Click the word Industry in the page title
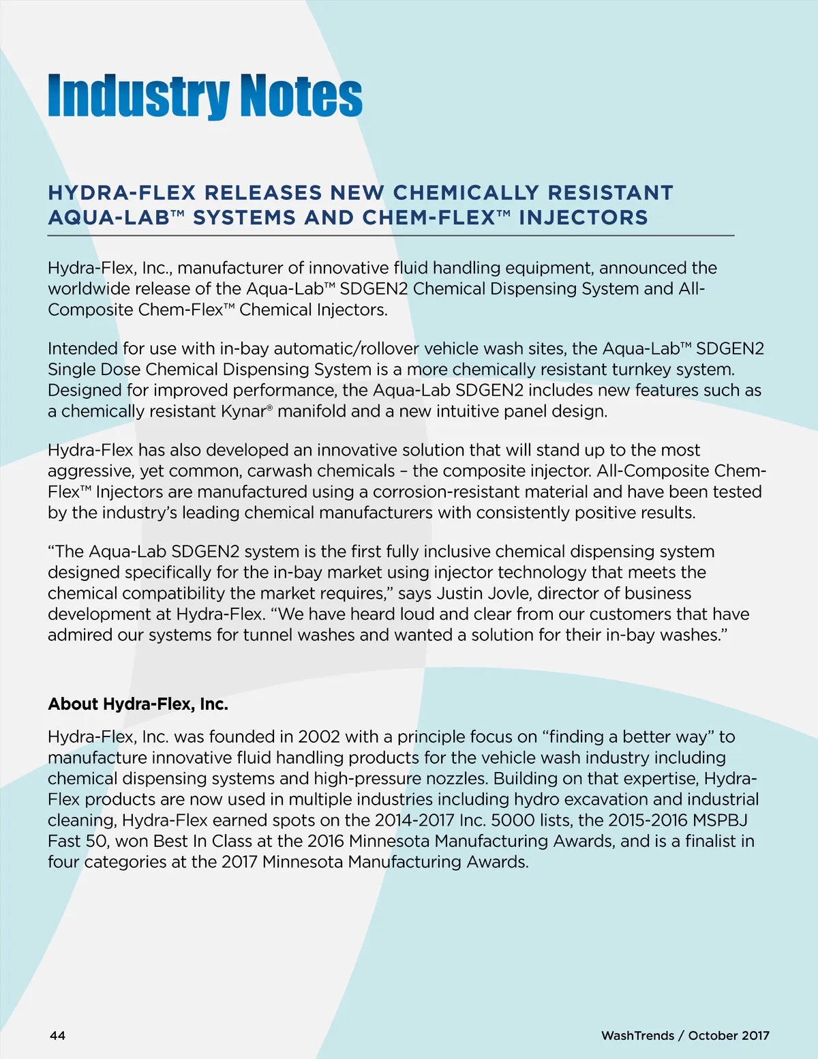(138, 97)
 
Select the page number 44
(57, 1035)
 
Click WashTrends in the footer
(637, 1035)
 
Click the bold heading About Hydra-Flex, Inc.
(138, 704)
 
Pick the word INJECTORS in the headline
(583, 218)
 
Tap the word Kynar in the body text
(243, 411)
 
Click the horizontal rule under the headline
(391, 235)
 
